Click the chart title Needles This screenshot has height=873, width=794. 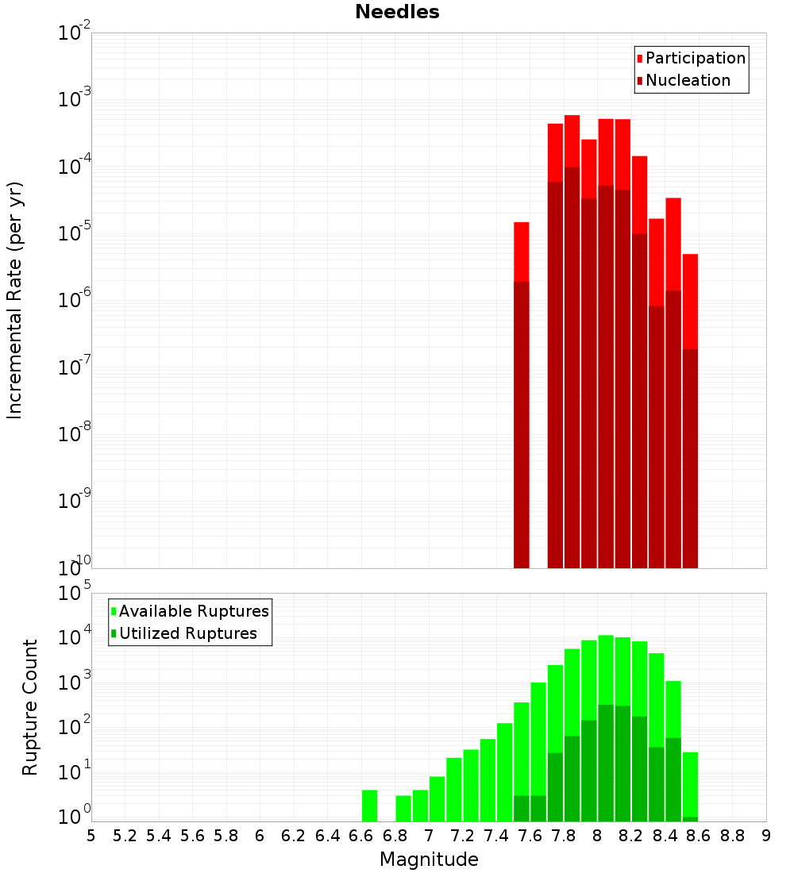pos(396,12)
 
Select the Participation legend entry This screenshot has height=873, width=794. pos(695,58)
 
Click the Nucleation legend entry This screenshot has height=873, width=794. pos(687,80)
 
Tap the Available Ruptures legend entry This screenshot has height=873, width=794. pos(193,611)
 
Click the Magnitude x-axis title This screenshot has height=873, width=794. pos(429,860)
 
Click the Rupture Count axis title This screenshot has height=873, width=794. pos(30,707)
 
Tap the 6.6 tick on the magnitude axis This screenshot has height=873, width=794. pos(361,836)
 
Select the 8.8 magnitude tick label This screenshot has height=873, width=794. pos(732,836)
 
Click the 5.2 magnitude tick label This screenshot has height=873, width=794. pos(125,836)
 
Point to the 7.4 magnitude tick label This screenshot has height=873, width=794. pos(496,836)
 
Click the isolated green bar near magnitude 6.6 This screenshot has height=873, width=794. pos(370,806)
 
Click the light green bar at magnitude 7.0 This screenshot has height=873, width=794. pos(437,798)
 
